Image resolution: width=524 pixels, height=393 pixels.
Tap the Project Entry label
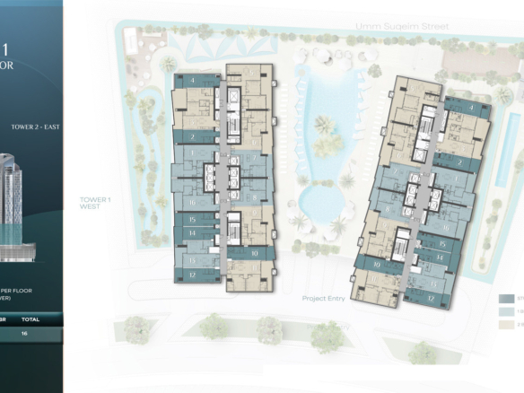[x=325, y=298]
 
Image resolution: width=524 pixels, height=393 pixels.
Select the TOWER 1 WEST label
[x=92, y=202]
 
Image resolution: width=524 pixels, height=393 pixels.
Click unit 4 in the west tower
[x=193, y=80]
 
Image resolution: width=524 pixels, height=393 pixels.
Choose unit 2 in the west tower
[x=193, y=137]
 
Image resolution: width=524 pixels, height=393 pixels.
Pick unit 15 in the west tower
[x=192, y=219]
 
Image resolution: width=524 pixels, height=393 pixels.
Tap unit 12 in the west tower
[x=192, y=274]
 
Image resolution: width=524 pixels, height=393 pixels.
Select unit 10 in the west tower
[x=255, y=253]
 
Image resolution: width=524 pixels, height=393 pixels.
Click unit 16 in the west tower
[x=192, y=203]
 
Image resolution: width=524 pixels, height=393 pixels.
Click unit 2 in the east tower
[x=459, y=162]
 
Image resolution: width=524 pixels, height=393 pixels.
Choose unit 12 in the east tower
[x=432, y=296]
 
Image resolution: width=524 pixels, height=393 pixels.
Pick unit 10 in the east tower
[x=377, y=266]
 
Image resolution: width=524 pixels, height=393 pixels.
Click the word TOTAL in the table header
[x=31, y=318]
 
